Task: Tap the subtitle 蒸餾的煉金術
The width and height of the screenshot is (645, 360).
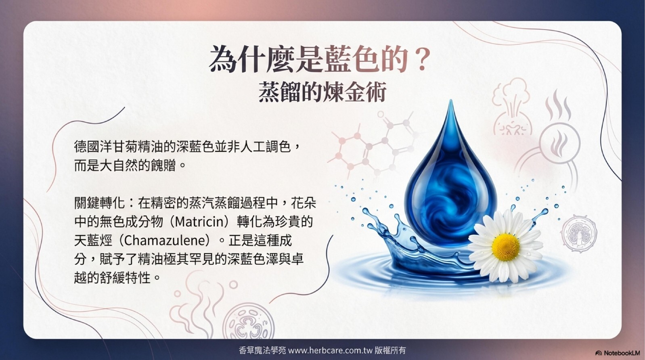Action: tap(322, 92)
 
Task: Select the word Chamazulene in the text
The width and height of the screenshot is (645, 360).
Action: tap(165, 241)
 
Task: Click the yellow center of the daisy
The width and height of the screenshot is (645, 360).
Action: tap(506, 247)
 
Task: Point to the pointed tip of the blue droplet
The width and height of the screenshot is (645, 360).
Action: tap(450, 100)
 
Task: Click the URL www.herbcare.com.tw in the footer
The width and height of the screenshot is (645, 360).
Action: tap(331, 350)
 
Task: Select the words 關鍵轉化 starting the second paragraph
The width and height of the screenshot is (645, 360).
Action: tap(100, 203)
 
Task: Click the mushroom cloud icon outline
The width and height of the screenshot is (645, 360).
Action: tap(511, 107)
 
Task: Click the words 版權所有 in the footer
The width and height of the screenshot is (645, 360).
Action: tap(390, 350)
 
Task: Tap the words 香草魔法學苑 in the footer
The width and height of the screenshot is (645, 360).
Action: tap(262, 350)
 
